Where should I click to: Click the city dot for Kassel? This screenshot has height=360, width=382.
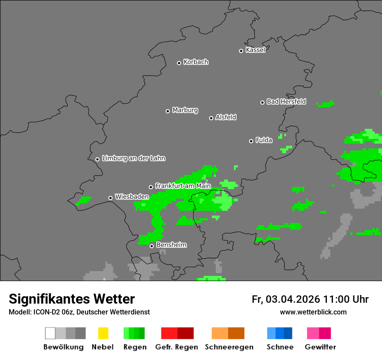[x=241, y=51]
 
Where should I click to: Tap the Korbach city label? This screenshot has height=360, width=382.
[x=196, y=62]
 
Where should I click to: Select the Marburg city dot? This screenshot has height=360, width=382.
[x=168, y=111]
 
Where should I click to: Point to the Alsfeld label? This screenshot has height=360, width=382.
[x=226, y=117]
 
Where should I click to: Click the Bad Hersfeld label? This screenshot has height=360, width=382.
[x=286, y=101]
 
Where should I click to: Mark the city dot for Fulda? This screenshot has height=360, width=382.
[x=251, y=141]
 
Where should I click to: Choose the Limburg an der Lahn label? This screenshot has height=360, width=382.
[x=134, y=158]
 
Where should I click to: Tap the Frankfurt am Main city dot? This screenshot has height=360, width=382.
[x=151, y=187]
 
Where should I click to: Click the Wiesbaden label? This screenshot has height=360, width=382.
[x=132, y=197]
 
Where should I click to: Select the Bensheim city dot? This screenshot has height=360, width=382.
[x=151, y=246]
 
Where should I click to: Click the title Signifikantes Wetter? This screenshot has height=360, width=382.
[x=72, y=299]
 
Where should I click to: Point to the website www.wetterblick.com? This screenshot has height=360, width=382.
[x=313, y=312]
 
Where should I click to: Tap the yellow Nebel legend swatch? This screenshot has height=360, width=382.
[x=103, y=333]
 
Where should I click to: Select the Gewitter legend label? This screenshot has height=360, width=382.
[x=320, y=347]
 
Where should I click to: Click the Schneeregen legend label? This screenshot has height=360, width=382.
[x=228, y=347]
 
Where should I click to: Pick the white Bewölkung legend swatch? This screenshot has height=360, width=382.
[x=50, y=333]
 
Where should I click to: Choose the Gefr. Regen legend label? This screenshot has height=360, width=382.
[x=177, y=347]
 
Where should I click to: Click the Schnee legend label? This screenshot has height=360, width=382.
[x=280, y=347]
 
